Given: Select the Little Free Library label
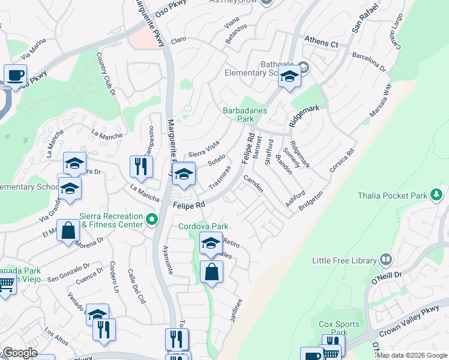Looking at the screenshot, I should pyautogui.click(x=344, y=260).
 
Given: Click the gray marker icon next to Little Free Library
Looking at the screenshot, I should pyautogui.click(x=385, y=260).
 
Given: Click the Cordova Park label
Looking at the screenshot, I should pyautogui.click(x=203, y=226).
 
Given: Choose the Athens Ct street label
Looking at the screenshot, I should pyautogui.click(x=321, y=43).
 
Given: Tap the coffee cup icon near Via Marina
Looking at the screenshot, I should pyautogui.click(x=16, y=76).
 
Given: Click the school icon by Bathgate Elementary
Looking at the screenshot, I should pyautogui.click(x=290, y=77).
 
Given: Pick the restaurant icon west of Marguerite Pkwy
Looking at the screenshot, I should pyautogui.click(x=140, y=166).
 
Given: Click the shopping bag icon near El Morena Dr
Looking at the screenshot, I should pyautogui.click(x=68, y=230).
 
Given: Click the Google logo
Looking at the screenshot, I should pyautogui.click(x=20, y=353).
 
